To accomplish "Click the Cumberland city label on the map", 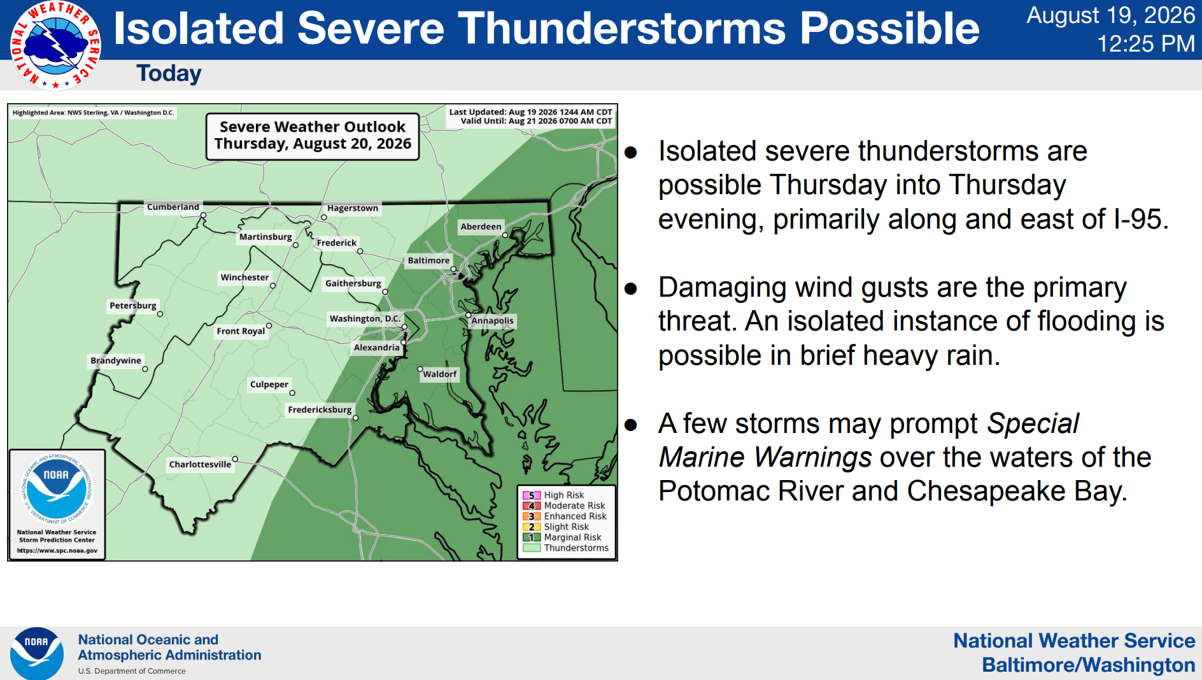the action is click(x=173, y=207).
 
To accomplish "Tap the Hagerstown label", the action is click(x=353, y=208).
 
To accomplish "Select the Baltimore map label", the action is click(x=428, y=260).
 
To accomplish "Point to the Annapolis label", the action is click(x=492, y=321).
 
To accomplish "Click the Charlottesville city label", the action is click(x=200, y=464).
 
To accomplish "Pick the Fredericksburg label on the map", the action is click(x=320, y=409).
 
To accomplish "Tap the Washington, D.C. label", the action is click(x=365, y=318).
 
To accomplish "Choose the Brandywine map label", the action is click(x=116, y=360).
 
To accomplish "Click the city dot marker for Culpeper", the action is click(x=292, y=393).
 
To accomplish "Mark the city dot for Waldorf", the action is click(x=420, y=369).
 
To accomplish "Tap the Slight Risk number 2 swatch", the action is click(x=532, y=527).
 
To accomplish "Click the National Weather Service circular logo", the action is click(x=55, y=45).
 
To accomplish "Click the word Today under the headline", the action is click(x=169, y=73).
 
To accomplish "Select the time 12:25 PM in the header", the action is click(x=1146, y=44).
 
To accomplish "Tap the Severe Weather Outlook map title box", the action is click(x=313, y=136).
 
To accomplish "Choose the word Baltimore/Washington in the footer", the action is click(x=1089, y=665).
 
